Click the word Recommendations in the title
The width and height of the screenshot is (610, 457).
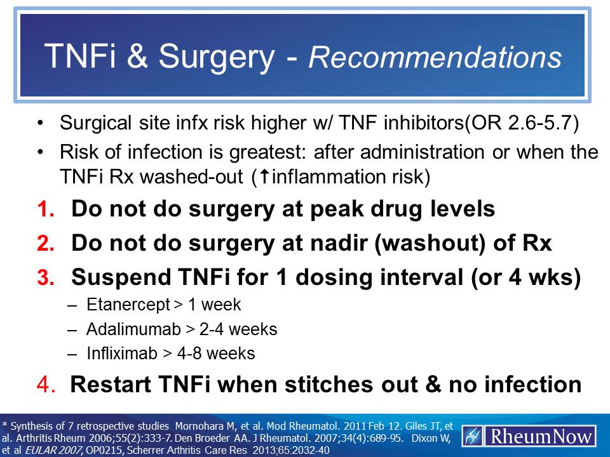pyautogui.click(x=435, y=56)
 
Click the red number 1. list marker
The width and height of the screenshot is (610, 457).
pyautogui.click(x=48, y=209)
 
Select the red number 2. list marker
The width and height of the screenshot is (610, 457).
pyautogui.click(x=48, y=244)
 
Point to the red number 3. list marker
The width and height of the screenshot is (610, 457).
pyautogui.click(x=48, y=279)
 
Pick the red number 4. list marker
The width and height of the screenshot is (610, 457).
pyautogui.click(x=48, y=384)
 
